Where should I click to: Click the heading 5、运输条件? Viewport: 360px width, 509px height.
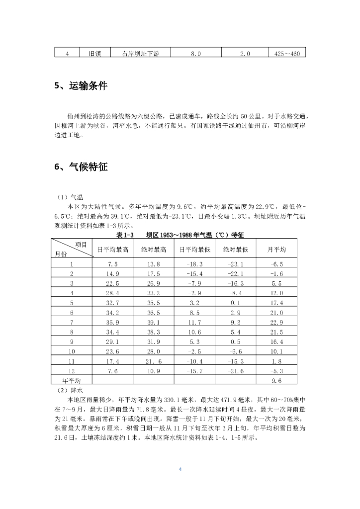[81, 85]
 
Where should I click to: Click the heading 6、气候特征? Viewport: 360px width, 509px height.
[81, 167]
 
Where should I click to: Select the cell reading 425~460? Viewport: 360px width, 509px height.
[287, 53]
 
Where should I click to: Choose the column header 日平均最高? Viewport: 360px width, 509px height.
[112, 249]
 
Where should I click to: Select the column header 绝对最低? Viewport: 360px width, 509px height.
[235, 249]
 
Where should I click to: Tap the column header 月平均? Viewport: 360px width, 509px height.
[277, 249]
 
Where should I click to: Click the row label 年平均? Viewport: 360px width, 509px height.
[72, 380]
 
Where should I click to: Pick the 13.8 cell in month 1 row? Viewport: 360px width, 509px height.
[154, 263]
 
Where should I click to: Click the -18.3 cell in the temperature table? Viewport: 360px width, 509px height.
[194, 263]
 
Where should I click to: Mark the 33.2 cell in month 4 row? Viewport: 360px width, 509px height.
[154, 293]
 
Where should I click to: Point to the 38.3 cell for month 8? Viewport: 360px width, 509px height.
[154, 332]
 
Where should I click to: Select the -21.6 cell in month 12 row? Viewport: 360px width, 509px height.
[235, 371]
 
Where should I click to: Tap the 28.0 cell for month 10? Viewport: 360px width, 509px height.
[154, 351]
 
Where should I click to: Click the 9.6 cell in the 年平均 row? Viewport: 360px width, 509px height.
[277, 381]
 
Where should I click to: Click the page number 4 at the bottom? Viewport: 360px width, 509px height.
[180, 468]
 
